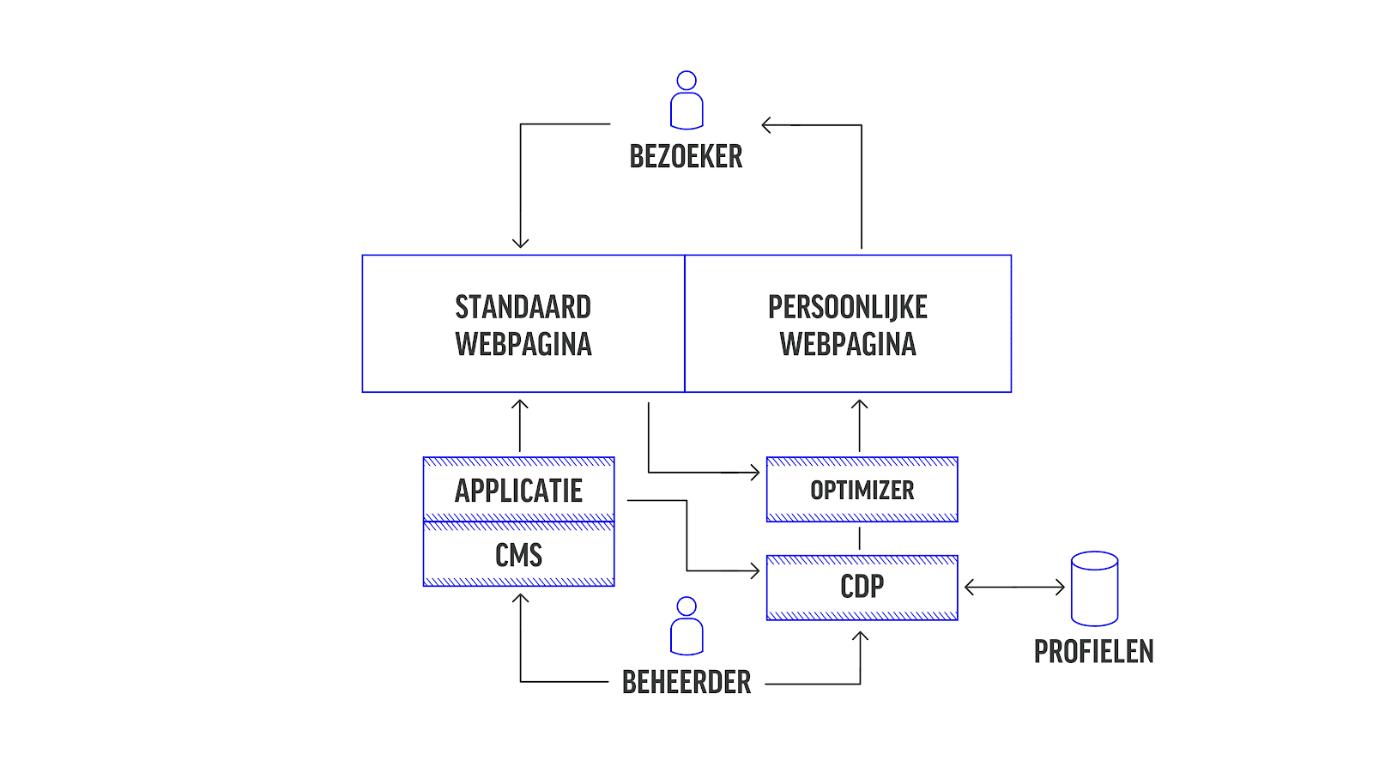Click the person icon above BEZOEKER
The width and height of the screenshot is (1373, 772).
click(686, 100)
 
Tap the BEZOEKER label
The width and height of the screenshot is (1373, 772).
click(686, 157)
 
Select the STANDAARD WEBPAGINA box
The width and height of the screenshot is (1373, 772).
click(523, 324)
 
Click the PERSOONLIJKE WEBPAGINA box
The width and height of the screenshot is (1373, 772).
click(848, 324)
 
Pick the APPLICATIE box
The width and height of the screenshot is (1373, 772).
click(519, 490)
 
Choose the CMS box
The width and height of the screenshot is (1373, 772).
click(519, 555)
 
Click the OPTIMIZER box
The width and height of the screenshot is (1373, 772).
click(862, 490)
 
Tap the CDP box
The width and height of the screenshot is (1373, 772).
click(862, 588)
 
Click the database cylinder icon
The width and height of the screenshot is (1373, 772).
click(1094, 588)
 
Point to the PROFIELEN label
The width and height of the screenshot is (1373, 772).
click(1093, 652)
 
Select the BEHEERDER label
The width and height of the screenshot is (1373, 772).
click(686, 683)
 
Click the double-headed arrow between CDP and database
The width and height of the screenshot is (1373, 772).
click(1014, 588)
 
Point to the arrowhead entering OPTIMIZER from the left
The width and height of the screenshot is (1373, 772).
click(755, 473)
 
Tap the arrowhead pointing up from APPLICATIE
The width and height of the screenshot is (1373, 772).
click(520, 405)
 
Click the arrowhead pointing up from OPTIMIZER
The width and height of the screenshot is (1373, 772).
click(860, 405)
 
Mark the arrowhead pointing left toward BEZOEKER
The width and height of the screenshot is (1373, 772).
click(767, 125)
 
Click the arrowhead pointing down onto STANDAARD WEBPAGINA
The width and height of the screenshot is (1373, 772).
click(520, 243)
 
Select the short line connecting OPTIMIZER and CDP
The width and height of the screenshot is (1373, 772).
click(860, 539)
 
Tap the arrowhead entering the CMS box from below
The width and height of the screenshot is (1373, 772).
click(520, 599)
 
